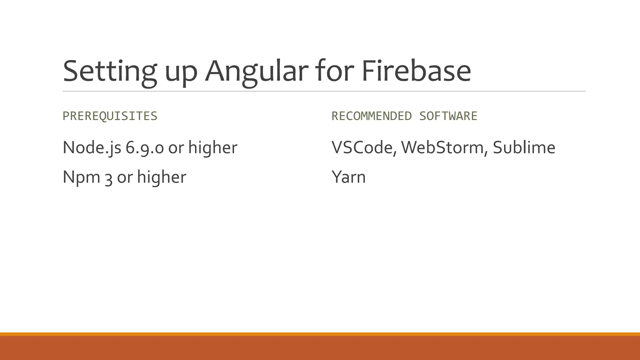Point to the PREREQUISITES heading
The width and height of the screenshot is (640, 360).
[x=110, y=116]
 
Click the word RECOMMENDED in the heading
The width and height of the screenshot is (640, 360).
[x=372, y=116]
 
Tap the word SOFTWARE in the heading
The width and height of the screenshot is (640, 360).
[x=448, y=116]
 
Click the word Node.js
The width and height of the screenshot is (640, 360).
[x=92, y=147]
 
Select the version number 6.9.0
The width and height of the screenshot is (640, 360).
[x=145, y=147]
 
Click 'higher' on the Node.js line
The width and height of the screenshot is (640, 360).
[x=213, y=147]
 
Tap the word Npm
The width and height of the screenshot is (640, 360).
[x=81, y=177]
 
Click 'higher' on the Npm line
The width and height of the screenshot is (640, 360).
[x=162, y=177]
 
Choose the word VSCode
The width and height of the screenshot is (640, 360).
[x=364, y=147]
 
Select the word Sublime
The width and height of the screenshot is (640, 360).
[x=524, y=147]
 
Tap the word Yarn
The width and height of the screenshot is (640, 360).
[x=348, y=177]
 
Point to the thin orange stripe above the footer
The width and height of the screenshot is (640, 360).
[x=320, y=334]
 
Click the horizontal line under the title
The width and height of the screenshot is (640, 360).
[x=324, y=91]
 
